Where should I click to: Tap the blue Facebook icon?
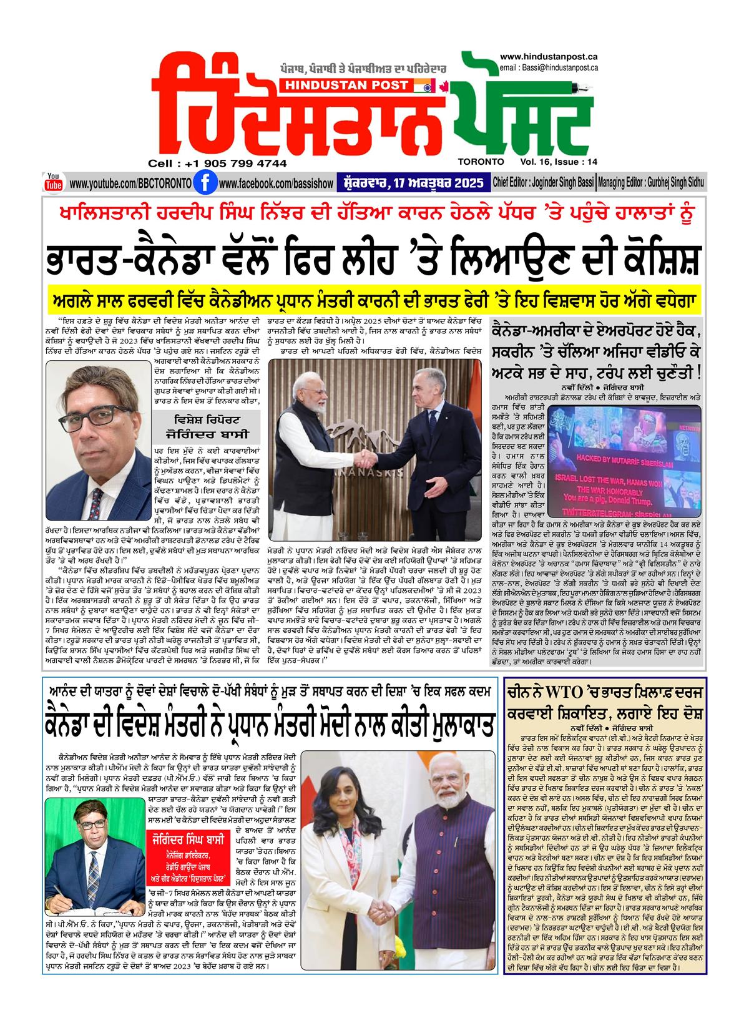[x=201, y=184]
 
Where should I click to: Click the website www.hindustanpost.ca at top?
[x=549, y=57]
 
